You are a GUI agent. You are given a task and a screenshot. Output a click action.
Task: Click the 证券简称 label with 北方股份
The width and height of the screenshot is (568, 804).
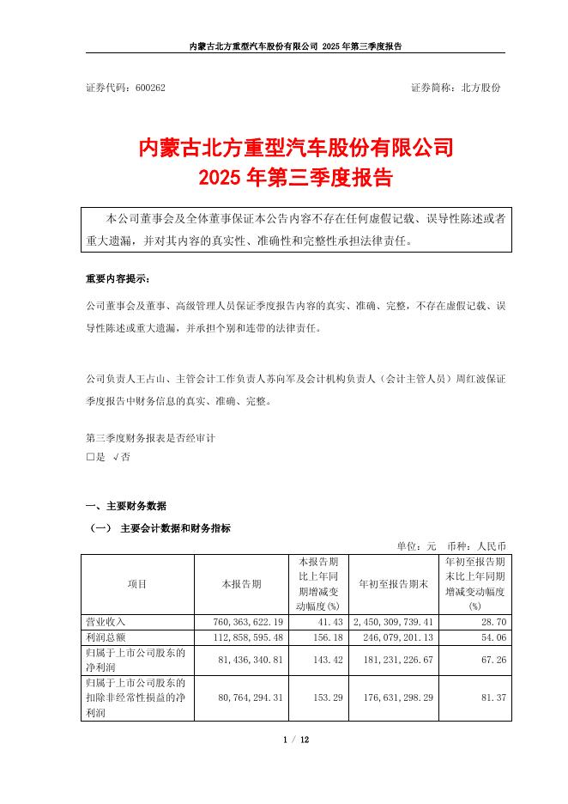tap(456, 88)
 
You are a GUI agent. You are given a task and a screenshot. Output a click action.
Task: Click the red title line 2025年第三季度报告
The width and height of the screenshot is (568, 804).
tap(295, 179)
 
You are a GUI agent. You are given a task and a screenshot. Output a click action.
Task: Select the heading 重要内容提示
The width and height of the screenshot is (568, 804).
tap(117, 280)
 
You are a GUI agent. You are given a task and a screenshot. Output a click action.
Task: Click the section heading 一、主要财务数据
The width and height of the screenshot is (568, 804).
tap(126, 505)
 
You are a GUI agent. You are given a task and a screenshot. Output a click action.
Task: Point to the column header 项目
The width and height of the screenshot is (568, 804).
tap(137, 584)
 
